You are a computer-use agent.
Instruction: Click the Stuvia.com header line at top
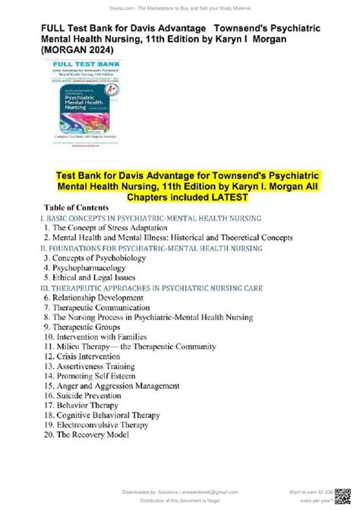(179, 5)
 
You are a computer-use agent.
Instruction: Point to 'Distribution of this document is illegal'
(179, 504)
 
